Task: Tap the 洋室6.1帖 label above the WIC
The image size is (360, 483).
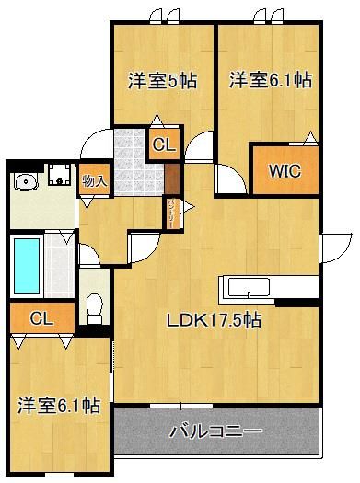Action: coord(271,79)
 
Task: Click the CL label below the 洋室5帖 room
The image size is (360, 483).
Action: coord(161,144)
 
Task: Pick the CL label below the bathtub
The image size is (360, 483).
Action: coord(40,318)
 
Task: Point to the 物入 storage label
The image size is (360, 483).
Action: coord(94,180)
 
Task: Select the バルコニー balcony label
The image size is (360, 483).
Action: coord(217,431)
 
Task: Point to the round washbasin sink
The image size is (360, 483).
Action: coord(25,181)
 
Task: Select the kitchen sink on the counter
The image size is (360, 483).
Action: coord(246,293)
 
